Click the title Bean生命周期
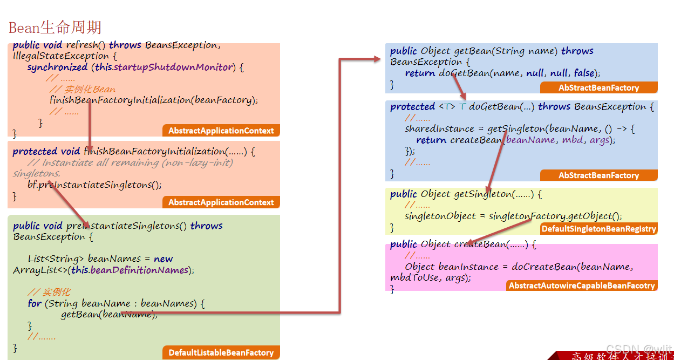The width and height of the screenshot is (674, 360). tap(55, 28)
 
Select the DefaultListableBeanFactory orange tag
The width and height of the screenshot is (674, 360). tap(221, 352)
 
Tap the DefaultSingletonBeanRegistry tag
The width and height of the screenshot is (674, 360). tap(598, 229)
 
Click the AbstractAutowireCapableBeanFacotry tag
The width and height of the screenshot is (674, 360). tap(581, 286)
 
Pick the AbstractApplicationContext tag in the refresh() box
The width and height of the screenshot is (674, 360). tap(221, 131)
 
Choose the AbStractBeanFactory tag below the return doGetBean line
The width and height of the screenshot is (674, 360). tap(598, 87)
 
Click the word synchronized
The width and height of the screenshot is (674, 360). tap(57, 67)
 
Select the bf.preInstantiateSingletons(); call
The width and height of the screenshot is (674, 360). tap(94, 185)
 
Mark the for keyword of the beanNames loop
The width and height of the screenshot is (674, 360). tap(35, 303)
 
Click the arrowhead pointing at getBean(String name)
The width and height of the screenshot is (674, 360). tap(377, 59)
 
